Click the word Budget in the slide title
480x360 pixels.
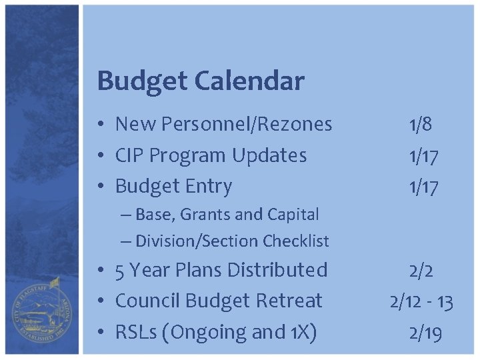pyautogui.click(x=143, y=81)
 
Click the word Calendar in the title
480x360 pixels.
pyautogui.click(x=249, y=81)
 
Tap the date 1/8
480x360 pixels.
pyautogui.click(x=421, y=124)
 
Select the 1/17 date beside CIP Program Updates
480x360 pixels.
pyautogui.click(x=423, y=156)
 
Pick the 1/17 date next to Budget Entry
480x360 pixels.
pyautogui.click(x=423, y=187)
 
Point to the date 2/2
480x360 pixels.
pyautogui.click(x=421, y=270)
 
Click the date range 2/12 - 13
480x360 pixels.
pyautogui.click(x=421, y=301)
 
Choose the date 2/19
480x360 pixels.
pyautogui.click(x=425, y=333)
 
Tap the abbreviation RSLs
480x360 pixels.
pyautogui.click(x=138, y=332)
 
